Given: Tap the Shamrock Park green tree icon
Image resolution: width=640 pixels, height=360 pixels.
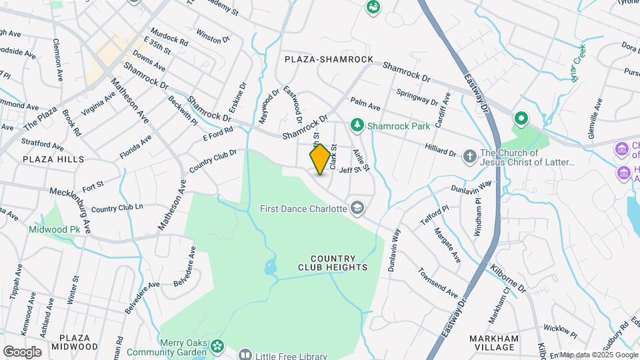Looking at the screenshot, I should pyautogui.click(x=358, y=125).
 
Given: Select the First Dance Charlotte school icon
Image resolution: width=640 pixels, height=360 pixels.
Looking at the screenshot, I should pyautogui.click(x=359, y=209).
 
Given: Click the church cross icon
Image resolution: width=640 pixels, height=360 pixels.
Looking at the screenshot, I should pyautogui.click(x=471, y=157).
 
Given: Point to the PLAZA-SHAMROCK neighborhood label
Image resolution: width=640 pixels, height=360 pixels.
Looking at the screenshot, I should pyautogui.click(x=329, y=59).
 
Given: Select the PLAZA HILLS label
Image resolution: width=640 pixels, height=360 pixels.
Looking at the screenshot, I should pyautogui.click(x=53, y=159).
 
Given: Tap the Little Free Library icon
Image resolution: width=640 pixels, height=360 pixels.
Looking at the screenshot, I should pyautogui.click(x=245, y=354).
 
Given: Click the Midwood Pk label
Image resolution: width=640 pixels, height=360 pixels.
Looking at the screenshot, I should pyautogui.click(x=54, y=229).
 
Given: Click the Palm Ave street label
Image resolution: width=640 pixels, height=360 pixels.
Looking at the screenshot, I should pyautogui.click(x=365, y=105).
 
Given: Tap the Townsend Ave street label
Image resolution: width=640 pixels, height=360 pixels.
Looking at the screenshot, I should pyautogui.click(x=438, y=283).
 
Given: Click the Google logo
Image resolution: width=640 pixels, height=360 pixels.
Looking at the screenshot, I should pyautogui.click(x=22, y=351).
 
